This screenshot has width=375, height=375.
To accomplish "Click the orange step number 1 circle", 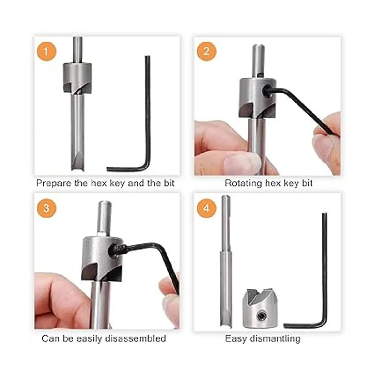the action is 46,52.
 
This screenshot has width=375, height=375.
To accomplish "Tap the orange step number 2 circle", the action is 206,52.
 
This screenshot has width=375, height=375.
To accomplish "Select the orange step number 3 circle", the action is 47,208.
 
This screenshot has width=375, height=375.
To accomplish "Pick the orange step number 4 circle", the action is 207,208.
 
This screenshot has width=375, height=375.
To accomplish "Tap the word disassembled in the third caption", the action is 136,339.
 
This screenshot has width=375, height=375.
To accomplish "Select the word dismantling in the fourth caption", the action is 275,339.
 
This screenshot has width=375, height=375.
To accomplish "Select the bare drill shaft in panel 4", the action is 225,261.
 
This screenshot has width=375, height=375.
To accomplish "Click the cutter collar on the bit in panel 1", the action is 77,78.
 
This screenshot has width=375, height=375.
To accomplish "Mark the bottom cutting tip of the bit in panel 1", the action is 78,170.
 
